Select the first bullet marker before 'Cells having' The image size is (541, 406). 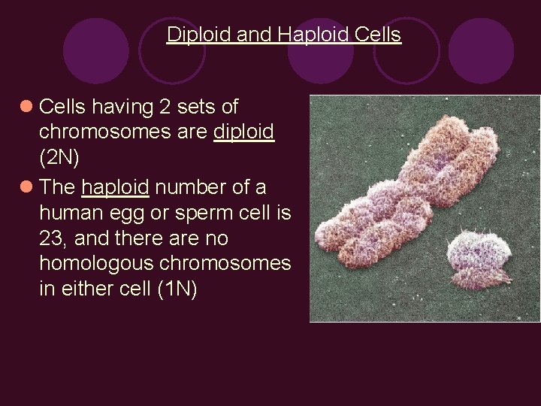coord(26,107)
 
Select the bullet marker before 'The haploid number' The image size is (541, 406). coord(26,186)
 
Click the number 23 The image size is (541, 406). coord(50,238)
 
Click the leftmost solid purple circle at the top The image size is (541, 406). coord(96,50)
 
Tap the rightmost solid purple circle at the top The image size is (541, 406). coord(481,50)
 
